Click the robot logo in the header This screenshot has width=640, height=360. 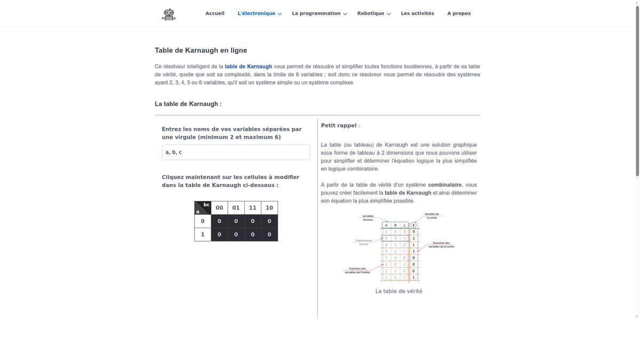pyautogui.click(x=169, y=14)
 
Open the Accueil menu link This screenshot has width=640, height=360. pyautogui.click(x=215, y=13)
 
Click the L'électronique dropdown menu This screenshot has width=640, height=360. pyautogui.click(x=259, y=13)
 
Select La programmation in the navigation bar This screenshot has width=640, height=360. pyautogui.click(x=319, y=13)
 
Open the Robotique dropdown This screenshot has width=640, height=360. pyautogui.click(x=373, y=13)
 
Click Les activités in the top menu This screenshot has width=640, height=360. pyautogui.click(x=417, y=13)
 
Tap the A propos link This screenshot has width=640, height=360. pyautogui.click(x=459, y=13)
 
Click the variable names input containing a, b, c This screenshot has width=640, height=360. pyautogui.click(x=236, y=153)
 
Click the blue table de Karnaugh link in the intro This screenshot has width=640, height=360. pyautogui.click(x=248, y=67)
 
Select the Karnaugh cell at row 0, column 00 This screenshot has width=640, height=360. pyautogui.click(x=219, y=221)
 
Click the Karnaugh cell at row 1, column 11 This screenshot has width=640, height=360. pyautogui.click(x=252, y=235)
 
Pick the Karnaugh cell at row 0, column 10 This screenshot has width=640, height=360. pyautogui.click(x=269, y=221)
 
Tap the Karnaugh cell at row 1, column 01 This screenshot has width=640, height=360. pyautogui.click(x=236, y=235)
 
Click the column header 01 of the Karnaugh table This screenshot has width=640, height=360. pyautogui.click(x=236, y=208)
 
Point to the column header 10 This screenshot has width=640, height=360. pyautogui.click(x=269, y=208)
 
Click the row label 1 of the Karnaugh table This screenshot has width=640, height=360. pyautogui.click(x=203, y=235)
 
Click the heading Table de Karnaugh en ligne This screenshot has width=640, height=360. pyautogui.click(x=201, y=51)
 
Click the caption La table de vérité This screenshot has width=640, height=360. pyautogui.click(x=398, y=291)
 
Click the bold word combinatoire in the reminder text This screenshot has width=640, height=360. pyautogui.click(x=445, y=185)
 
